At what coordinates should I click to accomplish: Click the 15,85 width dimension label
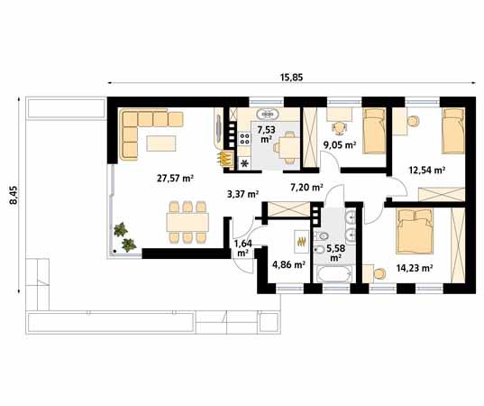pyautogui.click(x=291, y=77)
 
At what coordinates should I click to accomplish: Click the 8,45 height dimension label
pyautogui.click(x=14, y=195)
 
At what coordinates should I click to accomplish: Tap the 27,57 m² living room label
pyautogui.click(x=175, y=178)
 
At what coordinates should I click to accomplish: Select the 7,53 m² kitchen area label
pyautogui.click(x=266, y=134)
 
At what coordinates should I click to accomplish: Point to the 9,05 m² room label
pyautogui.click(x=340, y=144)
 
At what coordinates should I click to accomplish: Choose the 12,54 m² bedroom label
pyautogui.click(x=426, y=170)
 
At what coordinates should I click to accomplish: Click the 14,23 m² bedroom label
pyautogui.click(x=414, y=268)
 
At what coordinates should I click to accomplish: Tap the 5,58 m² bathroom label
pyautogui.click(x=336, y=253)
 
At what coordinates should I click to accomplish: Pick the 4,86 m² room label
pyautogui.click(x=289, y=264)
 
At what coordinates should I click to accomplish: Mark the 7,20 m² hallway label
pyautogui.click(x=306, y=187)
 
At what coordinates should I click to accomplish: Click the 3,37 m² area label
pyautogui.click(x=242, y=194)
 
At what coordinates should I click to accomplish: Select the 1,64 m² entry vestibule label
pyautogui.click(x=243, y=248)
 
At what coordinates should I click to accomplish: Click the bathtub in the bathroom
pyautogui.click(x=334, y=273)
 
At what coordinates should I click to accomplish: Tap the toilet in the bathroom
pyautogui.click(x=320, y=236)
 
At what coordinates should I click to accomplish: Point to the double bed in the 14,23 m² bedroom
pyautogui.click(x=415, y=231)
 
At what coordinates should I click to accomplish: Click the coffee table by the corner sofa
pyautogui.click(x=161, y=143)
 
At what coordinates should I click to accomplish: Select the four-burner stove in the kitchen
pyautogui.click(x=244, y=138)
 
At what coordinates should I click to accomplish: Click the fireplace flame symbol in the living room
pyautogui.click(x=226, y=159)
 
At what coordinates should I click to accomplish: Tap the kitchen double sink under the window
pyautogui.click(x=268, y=115)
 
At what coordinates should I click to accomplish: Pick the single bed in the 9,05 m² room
pyautogui.click(x=374, y=131)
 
